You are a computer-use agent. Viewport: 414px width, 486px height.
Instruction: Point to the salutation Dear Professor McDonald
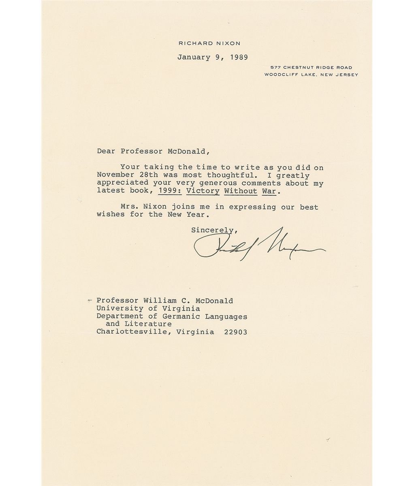pyautogui.click(x=154, y=152)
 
